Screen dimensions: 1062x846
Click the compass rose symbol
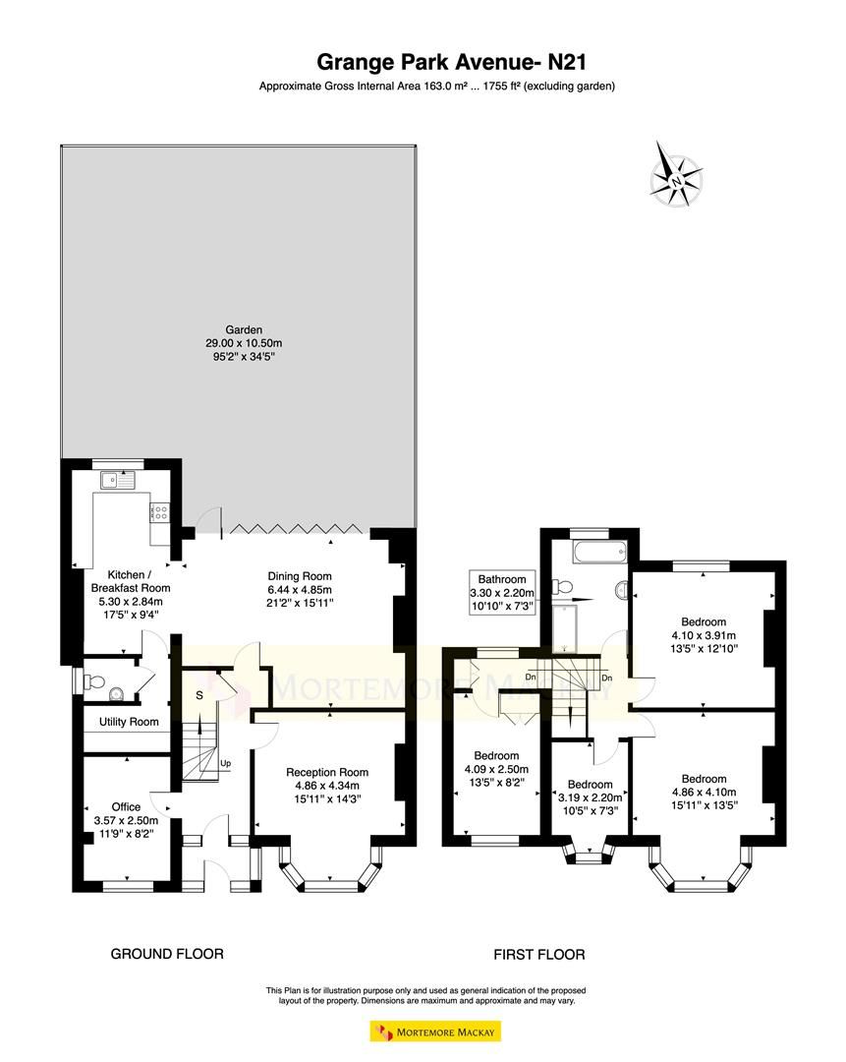677,179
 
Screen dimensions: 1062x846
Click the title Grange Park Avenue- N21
436,62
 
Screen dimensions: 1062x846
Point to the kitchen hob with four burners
159,512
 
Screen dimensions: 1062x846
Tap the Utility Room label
130,722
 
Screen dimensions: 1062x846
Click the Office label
126,807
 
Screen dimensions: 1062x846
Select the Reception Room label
327,772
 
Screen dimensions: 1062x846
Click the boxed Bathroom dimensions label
503,593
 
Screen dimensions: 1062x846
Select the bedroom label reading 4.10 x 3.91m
704,635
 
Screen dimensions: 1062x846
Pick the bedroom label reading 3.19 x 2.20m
589,797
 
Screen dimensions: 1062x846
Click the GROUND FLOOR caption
166,954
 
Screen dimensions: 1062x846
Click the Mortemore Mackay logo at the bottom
435,1032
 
